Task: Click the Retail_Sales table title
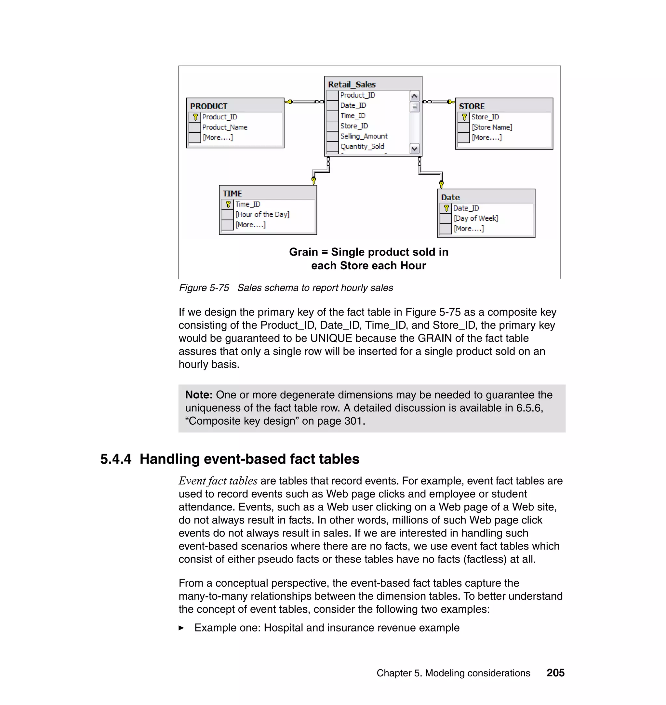(352, 85)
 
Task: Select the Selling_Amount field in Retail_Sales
(364, 136)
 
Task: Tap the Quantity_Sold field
(362, 147)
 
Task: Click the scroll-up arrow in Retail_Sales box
(414, 96)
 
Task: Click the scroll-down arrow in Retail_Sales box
(414, 149)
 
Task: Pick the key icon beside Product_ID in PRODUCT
(195, 117)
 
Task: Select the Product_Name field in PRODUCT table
(225, 127)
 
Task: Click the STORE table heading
(472, 106)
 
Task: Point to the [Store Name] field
(492, 127)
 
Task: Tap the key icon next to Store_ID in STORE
(464, 117)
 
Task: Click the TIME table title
(232, 194)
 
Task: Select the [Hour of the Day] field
(262, 215)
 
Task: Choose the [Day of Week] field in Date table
(476, 219)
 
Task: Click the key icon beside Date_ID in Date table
(446, 208)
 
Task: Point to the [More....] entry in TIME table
(250, 225)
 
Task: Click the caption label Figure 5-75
(204, 288)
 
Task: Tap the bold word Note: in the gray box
(199, 395)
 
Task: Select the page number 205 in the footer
(555, 673)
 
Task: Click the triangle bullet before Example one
(181, 628)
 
